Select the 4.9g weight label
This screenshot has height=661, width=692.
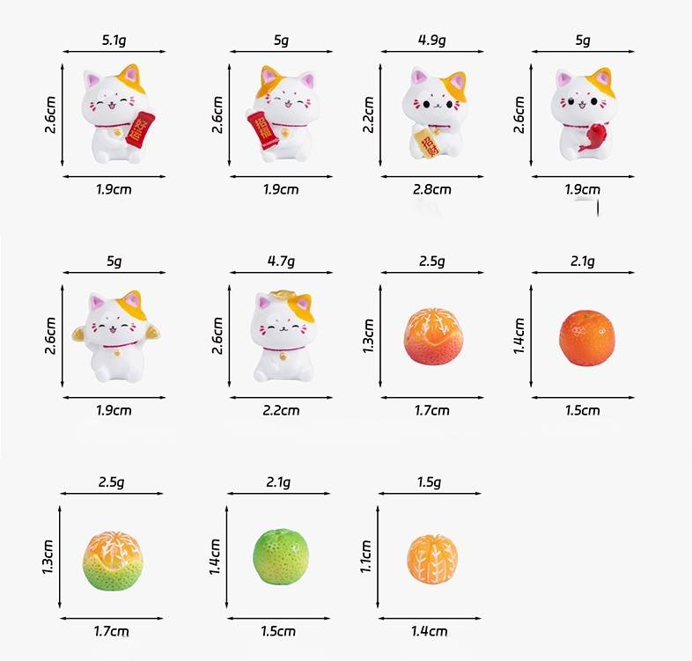click(431, 40)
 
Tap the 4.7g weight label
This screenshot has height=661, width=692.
click(281, 261)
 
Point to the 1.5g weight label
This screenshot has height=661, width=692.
click(429, 482)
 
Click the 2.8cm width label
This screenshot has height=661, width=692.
click(432, 189)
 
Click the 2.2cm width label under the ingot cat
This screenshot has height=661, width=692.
click(281, 410)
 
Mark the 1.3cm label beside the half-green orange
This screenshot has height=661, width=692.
click(48, 557)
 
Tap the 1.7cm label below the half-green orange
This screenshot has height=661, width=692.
click(112, 631)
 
